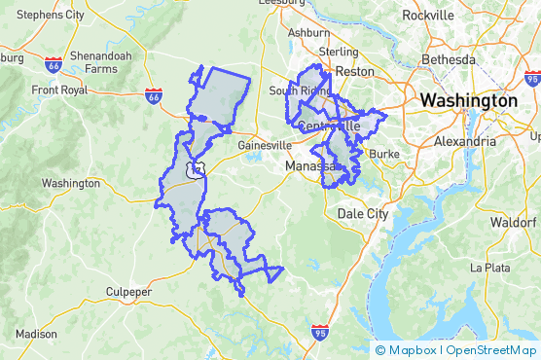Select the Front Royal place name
(x=59, y=90)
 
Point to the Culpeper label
(x=129, y=291)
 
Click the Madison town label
(x=36, y=334)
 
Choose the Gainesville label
(x=264, y=145)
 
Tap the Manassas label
(x=310, y=166)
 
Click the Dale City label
(x=362, y=212)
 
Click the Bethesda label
(x=449, y=59)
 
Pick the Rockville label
(x=427, y=16)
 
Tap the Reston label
(x=354, y=71)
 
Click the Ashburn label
(x=308, y=32)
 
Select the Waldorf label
(x=513, y=222)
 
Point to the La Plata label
(x=489, y=267)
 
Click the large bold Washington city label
(x=468, y=100)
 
